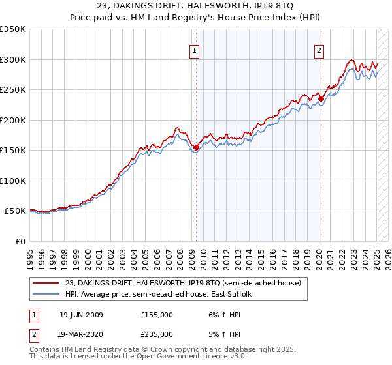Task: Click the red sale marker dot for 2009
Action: pyautogui.click(x=196, y=147)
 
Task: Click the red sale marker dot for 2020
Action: pyautogui.click(x=321, y=99)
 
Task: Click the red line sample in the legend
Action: pyautogui.click(x=46, y=284)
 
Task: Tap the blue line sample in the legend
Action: pyautogui.click(x=46, y=295)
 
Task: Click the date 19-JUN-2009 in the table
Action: pyautogui.click(x=81, y=314)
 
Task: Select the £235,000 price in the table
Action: pyautogui.click(x=157, y=334)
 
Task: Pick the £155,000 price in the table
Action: pyautogui.click(x=157, y=314)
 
